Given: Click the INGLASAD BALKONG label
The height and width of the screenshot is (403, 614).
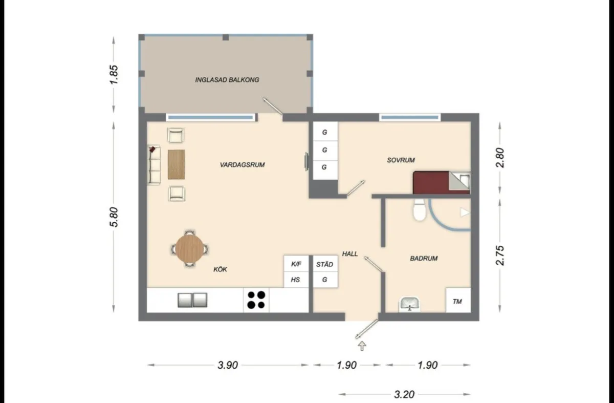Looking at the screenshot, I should coord(227,80).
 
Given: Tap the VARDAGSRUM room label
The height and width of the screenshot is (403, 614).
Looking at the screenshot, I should coord(242,165).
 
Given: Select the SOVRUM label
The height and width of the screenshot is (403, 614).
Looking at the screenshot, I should coord(400,160).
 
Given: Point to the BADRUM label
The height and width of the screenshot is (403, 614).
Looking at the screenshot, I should coord(424,259).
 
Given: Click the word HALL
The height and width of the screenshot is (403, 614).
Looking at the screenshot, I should coord(350,254).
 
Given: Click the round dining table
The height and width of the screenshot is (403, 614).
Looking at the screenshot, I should coord(189,249).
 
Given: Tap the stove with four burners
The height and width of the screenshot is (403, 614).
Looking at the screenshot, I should coord(256,300).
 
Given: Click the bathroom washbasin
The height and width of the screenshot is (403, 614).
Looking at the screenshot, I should coord(409,305).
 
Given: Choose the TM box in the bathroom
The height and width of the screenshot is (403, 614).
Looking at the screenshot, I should coord(457,302).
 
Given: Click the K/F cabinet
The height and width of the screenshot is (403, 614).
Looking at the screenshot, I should coord(296,265).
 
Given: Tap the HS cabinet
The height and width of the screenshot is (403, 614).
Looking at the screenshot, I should coord(296,280).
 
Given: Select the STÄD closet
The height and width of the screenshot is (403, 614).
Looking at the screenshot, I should coord(324,265).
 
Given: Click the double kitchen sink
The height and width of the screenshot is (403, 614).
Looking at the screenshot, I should coord(192,300).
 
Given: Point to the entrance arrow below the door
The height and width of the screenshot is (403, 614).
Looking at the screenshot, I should coord(362,346).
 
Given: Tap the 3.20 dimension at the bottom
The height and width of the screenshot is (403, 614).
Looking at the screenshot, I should coord(404,394).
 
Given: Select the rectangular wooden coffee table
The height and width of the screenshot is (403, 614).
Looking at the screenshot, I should coord(175,164).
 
